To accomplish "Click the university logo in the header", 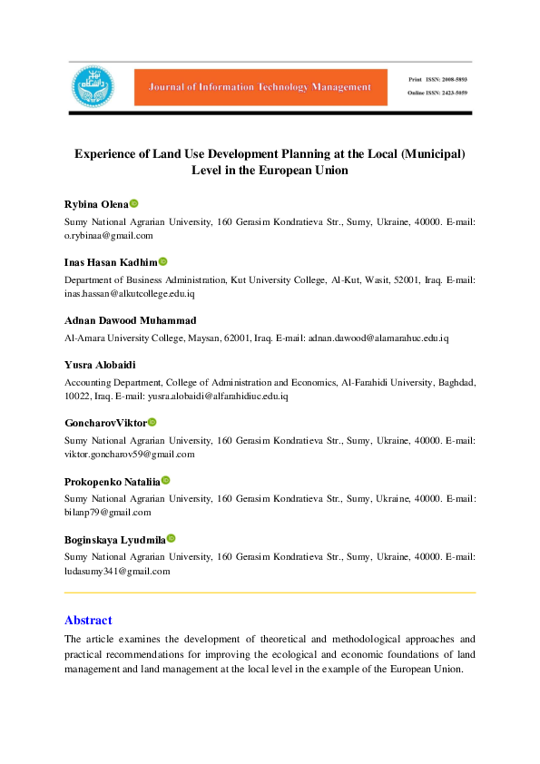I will [93, 86].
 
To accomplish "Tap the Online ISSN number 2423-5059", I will [457, 93].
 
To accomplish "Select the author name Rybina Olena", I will [96, 204].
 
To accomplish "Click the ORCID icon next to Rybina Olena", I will [134, 204].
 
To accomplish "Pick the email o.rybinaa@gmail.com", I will [109, 234].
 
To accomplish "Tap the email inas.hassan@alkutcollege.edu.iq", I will [130, 293].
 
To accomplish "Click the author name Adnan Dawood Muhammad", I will [131, 321].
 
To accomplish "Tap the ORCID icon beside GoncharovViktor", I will [152, 423].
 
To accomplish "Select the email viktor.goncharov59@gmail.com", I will [130, 454].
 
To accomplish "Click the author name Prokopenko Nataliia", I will [113, 481].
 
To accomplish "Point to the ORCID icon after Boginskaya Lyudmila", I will [171, 539].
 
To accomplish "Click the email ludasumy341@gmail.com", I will [117, 571].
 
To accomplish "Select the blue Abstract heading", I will [88, 621].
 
